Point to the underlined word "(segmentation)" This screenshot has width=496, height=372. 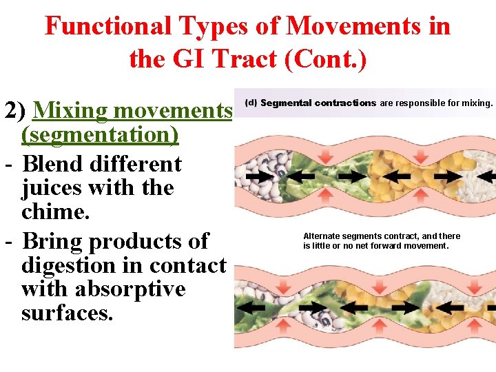click(x=100, y=134)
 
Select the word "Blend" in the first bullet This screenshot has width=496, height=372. click(x=55, y=164)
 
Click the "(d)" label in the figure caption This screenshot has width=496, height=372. click(x=251, y=103)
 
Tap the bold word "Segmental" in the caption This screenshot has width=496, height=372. click(x=285, y=103)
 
